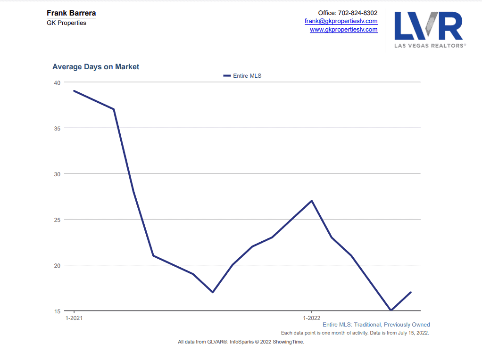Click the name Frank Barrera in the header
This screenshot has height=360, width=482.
pyautogui.click(x=71, y=13)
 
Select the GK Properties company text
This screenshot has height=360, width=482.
pyautogui.click(x=66, y=23)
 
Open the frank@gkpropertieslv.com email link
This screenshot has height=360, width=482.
pyautogui.click(x=341, y=21)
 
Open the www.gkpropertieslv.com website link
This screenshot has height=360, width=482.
pyautogui.click(x=343, y=29)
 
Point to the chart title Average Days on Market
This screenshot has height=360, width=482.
pyautogui.click(x=96, y=67)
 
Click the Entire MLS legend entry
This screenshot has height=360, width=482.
pyautogui.click(x=242, y=75)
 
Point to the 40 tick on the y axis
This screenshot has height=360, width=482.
pyautogui.click(x=57, y=82)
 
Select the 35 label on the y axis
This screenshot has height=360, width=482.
pyautogui.click(x=57, y=128)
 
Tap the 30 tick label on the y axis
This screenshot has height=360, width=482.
pyautogui.click(x=57, y=174)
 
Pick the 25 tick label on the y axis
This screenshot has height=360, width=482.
pyautogui.click(x=57, y=220)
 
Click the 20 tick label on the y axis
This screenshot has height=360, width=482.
pyautogui.click(x=57, y=265)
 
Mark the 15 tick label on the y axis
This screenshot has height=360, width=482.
pyautogui.click(x=57, y=311)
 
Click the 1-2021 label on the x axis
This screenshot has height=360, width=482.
pyautogui.click(x=74, y=318)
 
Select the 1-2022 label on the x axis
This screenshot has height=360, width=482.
pyautogui.click(x=312, y=318)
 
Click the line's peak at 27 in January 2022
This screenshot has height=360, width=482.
pyautogui.click(x=312, y=201)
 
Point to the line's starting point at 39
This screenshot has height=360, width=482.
pyautogui.click(x=74, y=91)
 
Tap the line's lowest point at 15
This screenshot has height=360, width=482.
pyautogui.click(x=391, y=310)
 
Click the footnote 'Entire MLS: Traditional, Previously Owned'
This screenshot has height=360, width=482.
pyautogui.click(x=376, y=325)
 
